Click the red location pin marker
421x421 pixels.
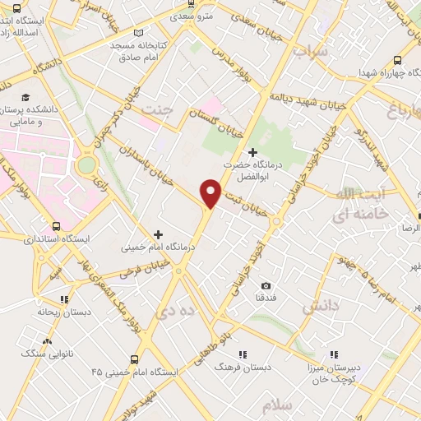click(x=211, y=192)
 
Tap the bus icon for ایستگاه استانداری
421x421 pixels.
click(x=56, y=226)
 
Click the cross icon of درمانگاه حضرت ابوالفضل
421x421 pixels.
click(x=252, y=152)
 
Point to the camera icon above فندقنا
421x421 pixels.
click(x=265, y=285)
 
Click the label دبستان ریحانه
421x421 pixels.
click(x=56, y=312)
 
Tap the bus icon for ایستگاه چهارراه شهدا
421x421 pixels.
click(x=398, y=60)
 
